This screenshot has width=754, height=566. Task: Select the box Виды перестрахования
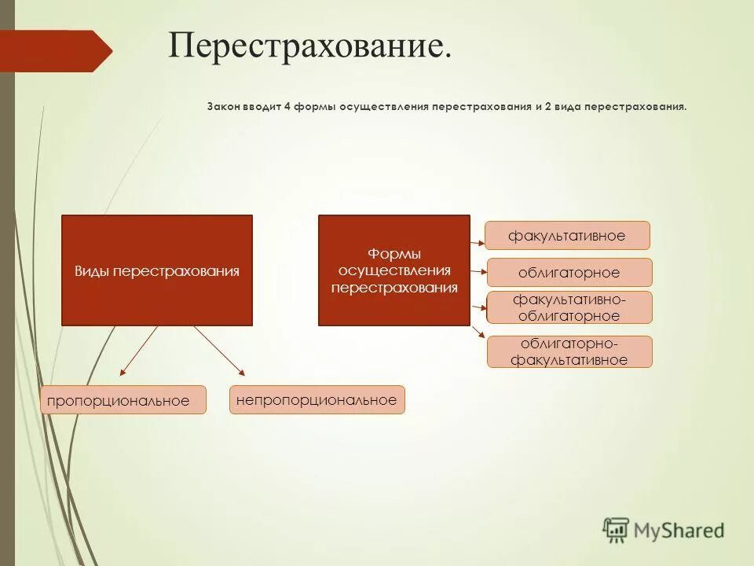pos(157,270)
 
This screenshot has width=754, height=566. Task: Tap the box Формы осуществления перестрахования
pos(393,270)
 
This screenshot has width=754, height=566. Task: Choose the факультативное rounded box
pos(566,236)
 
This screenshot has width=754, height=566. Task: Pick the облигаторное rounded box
pos(569,273)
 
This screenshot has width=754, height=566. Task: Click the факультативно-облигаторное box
pos(569,307)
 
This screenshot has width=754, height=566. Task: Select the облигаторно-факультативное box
pos(569,352)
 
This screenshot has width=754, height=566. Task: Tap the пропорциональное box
pos(123,401)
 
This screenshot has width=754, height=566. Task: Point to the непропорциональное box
pos(317,400)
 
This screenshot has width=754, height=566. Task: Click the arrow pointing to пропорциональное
pos(138,351)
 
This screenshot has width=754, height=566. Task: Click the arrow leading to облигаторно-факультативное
pos(478,332)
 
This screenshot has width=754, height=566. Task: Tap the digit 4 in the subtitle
pos(287,105)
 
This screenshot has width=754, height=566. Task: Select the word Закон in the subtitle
pos(222,105)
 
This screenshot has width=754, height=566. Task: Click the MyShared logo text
pos(679,531)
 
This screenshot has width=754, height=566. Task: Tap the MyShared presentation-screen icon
pos(616,530)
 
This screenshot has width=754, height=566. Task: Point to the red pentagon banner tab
pos(59,51)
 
